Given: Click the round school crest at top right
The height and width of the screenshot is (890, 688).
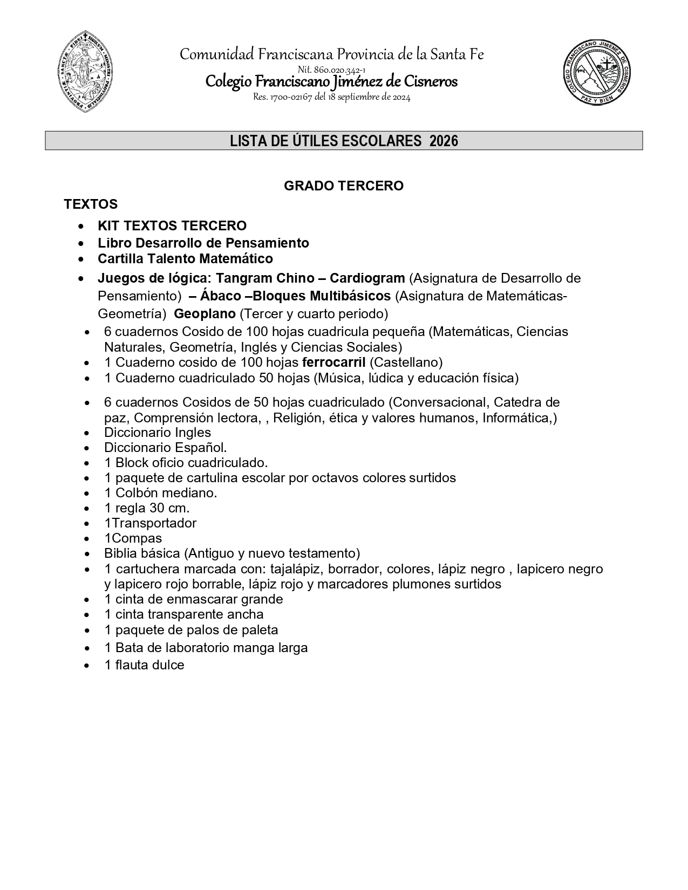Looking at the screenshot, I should click(x=597, y=73).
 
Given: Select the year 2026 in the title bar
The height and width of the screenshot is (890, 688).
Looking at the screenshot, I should click(x=444, y=141).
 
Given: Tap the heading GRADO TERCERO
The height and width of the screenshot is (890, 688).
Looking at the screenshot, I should click(x=344, y=186).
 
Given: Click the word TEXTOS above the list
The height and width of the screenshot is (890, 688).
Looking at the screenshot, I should click(x=91, y=204).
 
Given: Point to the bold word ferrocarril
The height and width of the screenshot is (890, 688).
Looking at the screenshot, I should click(x=334, y=362).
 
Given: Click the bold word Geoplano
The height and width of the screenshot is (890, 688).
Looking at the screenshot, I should click(x=205, y=313).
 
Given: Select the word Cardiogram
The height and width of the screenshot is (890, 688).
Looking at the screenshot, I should click(x=367, y=278).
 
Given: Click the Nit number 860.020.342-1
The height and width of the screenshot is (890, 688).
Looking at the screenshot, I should click(x=332, y=70).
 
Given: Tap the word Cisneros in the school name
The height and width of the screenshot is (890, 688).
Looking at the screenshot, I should click(x=430, y=81).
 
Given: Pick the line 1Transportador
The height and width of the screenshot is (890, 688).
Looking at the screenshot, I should click(x=150, y=523).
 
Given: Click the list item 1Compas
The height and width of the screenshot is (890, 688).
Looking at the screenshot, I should click(x=133, y=538).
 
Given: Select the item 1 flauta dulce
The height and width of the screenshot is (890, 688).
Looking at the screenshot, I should click(x=144, y=665).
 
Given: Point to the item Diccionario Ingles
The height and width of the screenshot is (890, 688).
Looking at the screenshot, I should click(x=157, y=432).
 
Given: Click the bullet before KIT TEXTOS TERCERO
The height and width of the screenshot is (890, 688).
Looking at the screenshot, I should click(x=80, y=226).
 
